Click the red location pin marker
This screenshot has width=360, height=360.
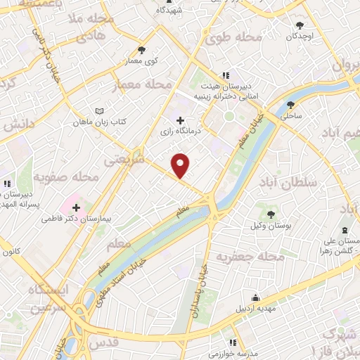click(181, 165)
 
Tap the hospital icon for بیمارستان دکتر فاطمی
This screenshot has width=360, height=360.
click(75, 208)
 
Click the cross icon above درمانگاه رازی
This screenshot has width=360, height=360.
click(181, 121)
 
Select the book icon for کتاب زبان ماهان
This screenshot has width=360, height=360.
click(99, 111)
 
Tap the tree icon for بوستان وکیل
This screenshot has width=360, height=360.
click(271, 214)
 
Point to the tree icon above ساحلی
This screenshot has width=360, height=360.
click(290, 105)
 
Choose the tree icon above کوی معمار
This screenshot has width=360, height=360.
click(143, 50)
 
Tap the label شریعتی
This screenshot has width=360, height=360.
click(123, 160)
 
